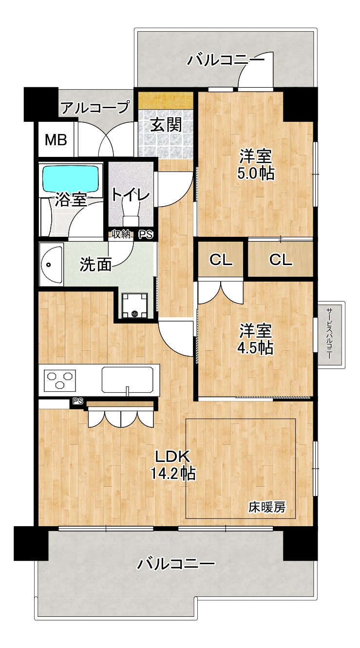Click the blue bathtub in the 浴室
(x=71, y=178)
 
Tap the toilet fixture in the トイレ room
(x=131, y=213)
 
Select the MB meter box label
(x=56, y=140)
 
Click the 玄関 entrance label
(x=166, y=125)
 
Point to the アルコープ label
(x=95, y=108)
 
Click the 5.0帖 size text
(x=256, y=173)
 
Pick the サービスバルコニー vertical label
(x=329, y=334)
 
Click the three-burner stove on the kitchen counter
(x=59, y=380)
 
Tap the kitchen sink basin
(x=127, y=380)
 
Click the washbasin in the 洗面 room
(x=52, y=265)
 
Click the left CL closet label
(x=221, y=260)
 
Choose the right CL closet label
(x=281, y=260)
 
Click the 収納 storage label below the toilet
(x=121, y=234)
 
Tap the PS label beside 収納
(x=146, y=234)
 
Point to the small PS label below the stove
(x=78, y=401)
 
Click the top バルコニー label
(x=226, y=60)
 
